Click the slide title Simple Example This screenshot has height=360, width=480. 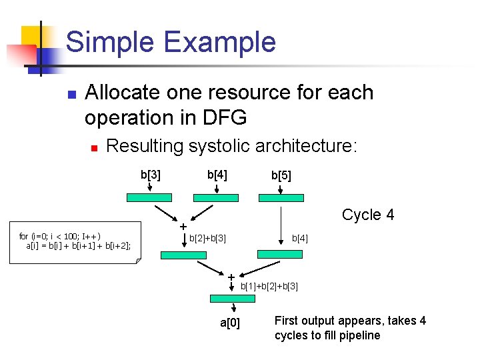(171, 42)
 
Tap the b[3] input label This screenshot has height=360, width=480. (149, 175)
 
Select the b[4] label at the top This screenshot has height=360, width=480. (217, 175)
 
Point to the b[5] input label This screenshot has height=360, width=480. (281, 176)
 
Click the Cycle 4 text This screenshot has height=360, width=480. (368, 215)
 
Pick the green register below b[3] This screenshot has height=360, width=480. (149, 197)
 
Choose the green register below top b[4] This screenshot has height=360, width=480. (215, 197)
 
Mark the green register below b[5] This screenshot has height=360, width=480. (281, 197)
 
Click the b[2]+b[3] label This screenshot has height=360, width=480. (208, 238)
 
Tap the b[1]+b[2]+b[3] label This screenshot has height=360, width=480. (269, 286)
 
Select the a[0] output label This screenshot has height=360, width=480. (230, 324)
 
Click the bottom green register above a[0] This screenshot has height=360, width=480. (233, 299)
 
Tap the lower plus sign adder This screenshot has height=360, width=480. (231, 277)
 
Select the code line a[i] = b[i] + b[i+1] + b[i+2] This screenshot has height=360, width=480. (79, 245)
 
